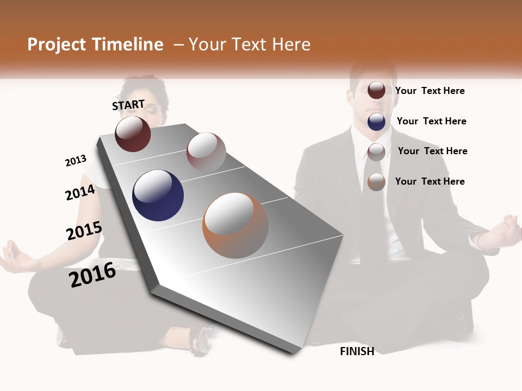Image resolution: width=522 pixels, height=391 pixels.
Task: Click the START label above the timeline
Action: (x=128, y=105)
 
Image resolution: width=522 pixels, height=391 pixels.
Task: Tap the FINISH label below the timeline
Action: (x=357, y=351)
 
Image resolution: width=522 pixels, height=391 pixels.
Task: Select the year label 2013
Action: (x=76, y=161)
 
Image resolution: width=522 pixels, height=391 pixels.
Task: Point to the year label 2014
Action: (x=80, y=193)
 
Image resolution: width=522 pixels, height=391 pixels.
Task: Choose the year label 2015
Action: (x=84, y=231)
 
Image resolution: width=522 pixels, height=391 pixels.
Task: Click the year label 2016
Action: (x=92, y=275)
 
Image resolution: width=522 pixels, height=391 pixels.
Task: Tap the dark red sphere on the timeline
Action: (x=133, y=134)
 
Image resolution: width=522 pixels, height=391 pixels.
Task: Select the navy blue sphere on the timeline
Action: (x=158, y=195)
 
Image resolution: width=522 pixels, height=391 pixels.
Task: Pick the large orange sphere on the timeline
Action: (x=235, y=225)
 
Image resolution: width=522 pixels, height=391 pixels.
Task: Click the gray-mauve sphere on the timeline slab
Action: (x=206, y=152)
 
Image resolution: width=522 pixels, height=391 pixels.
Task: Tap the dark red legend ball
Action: (x=376, y=90)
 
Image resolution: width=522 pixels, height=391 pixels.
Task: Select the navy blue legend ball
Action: (x=376, y=122)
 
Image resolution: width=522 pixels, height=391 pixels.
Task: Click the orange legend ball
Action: (x=376, y=182)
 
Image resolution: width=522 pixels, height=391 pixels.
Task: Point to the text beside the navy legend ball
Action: (x=431, y=121)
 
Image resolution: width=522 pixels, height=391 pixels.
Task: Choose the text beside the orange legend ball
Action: (x=430, y=181)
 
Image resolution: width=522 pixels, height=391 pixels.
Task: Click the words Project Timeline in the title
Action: (x=95, y=45)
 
